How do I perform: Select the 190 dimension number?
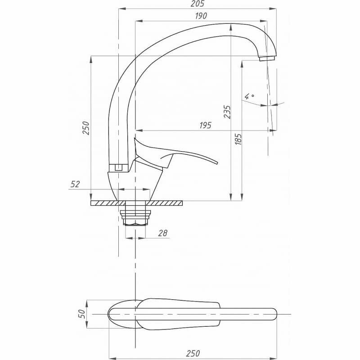pyautogui.click(x=201, y=16)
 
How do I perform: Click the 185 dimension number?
pyautogui.click(x=239, y=139)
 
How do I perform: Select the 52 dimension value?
pyautogui.click(x=75, y=184)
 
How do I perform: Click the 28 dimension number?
pyautogui.click(x=162, y=233)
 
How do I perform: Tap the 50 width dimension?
pyautogui.click(x=82, y=314)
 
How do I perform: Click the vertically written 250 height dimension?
pyautogui.click(x=88, y=128)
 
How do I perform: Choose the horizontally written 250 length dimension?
pyautogui.click(x=193, y=353)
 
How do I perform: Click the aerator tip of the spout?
pyautogui.click(x=267, y=58)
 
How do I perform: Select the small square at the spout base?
pyautogui.click(x=118, y=168)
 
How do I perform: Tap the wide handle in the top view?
pyautogui.click(x=180, y=314)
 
